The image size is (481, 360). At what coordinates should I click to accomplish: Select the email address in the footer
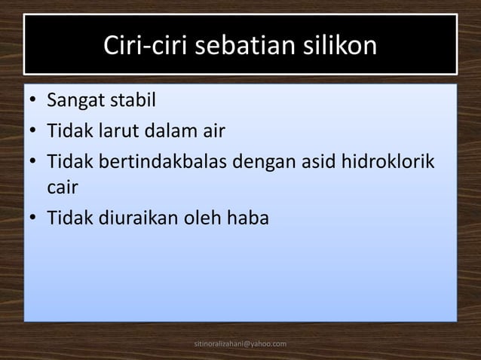pos(240,344)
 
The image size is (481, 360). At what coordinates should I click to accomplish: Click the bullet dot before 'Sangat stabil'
pos(34,100)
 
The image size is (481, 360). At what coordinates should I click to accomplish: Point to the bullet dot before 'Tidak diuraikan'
pos(34,218)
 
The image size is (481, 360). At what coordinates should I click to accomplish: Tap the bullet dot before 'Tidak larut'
pos(34,133)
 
